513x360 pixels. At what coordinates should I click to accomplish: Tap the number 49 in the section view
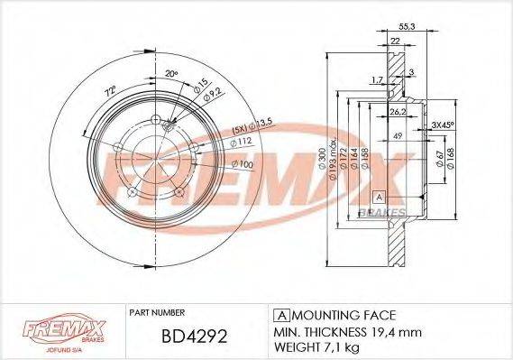[396, 135]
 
